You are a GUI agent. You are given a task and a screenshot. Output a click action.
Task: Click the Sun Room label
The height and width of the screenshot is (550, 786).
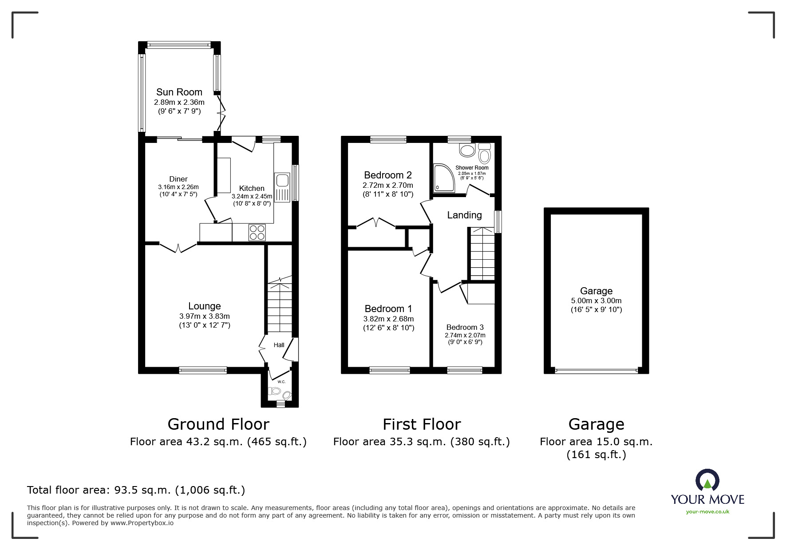[x=179, y=92]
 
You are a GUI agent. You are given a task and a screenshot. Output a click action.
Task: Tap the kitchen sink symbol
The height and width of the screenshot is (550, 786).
[x=282, y=181]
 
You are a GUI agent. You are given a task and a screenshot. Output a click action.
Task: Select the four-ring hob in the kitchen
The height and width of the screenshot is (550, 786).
[x=257, y=233]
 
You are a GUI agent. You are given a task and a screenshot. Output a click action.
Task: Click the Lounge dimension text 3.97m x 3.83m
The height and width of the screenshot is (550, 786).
[x=204, y=316]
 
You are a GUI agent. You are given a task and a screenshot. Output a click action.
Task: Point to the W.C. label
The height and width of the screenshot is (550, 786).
[x=281, y=382]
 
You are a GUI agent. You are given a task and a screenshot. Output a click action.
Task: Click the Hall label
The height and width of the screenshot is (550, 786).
[x=279, y=345]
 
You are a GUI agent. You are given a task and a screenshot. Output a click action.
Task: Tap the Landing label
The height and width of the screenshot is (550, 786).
[x=464, y=215]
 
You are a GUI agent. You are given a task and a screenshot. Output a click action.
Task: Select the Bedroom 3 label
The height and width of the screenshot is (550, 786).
[x=465, y=327]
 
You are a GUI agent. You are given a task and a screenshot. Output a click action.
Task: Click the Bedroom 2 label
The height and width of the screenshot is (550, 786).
[x=387, y=175]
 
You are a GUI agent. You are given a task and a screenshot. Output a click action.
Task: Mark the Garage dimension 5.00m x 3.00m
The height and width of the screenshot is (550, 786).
[x=596, y=301]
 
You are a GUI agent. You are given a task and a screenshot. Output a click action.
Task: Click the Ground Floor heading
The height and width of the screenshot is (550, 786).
[x=218, y=424]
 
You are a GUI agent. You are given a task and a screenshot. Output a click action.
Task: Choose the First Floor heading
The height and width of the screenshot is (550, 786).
[x=421, y=424]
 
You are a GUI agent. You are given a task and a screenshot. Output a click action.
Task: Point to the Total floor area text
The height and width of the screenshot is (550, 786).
[x=136, y=490]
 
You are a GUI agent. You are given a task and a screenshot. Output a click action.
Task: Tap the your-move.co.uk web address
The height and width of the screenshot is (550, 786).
[x=707, y=512]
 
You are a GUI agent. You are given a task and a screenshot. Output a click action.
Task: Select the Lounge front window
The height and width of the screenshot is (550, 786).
[x=203, y=370]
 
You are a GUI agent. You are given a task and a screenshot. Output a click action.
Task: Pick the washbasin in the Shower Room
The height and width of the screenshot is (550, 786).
[x=467, y=150]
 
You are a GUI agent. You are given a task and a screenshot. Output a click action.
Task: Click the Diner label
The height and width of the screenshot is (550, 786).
[x=178, y=179]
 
